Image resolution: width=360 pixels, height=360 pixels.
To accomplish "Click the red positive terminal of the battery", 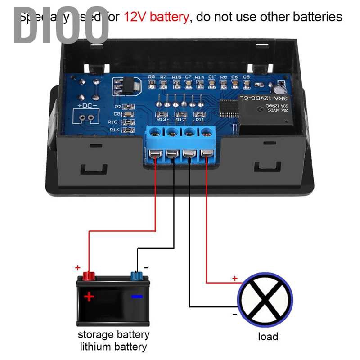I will [x=88, y=275].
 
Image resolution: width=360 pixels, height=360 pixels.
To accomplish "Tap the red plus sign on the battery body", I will [x=89, y=296].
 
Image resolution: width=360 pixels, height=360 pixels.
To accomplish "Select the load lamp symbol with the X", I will [x=265, y=298].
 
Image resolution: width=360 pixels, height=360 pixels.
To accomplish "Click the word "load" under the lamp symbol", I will [x=268, y=336].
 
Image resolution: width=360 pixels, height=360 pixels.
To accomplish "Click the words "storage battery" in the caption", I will [x=113, y=335].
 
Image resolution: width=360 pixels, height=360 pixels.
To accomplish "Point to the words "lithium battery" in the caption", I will [x=113, y=346].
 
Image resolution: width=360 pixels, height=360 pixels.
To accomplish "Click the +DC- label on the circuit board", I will [x=87, y=106].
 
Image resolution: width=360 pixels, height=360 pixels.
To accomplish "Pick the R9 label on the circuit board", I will [x=151, y=77].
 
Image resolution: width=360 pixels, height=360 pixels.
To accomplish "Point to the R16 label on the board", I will [x=114, y=130].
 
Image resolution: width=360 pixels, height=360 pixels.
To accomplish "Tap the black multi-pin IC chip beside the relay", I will [x=228, y=108].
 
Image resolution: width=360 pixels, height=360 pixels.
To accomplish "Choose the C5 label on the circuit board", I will [x=246, y=77].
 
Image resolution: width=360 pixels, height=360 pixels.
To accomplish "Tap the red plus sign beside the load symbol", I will [x=234, y=279].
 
